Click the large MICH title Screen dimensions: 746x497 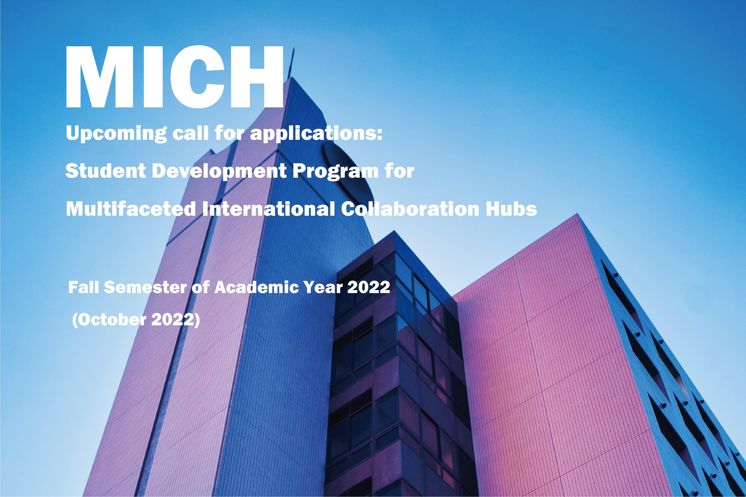(174, 77)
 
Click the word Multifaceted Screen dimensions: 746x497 (131, 209)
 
